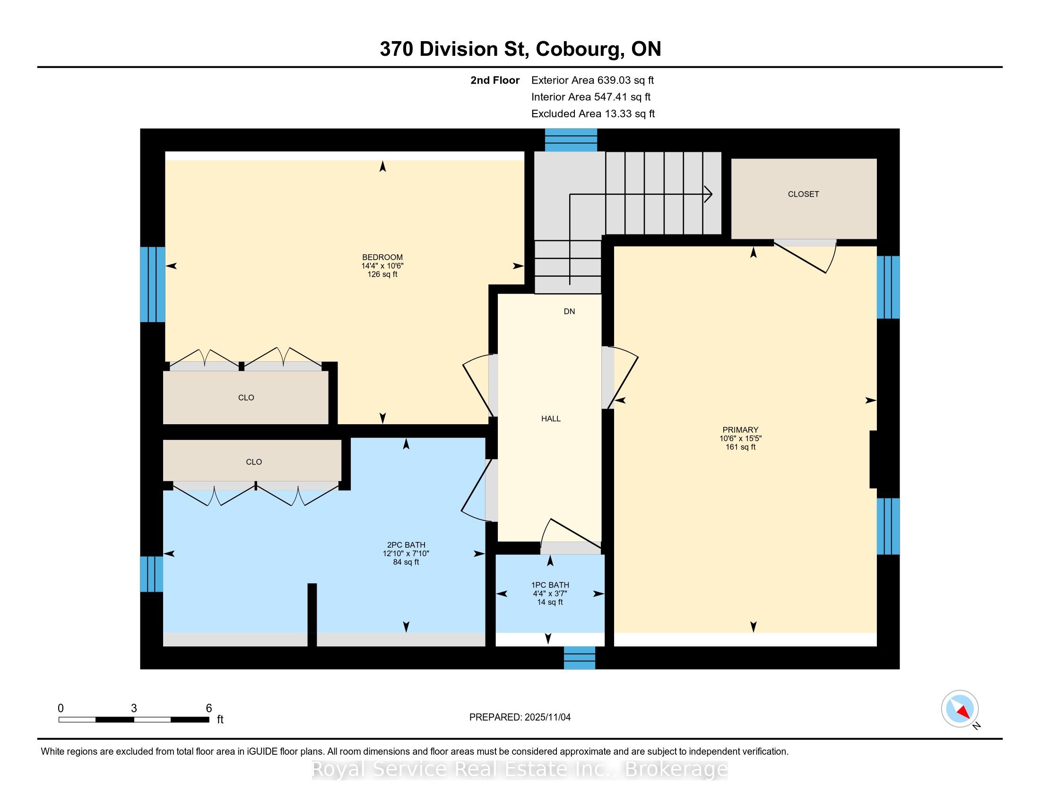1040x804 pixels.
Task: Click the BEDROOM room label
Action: click(382, 257)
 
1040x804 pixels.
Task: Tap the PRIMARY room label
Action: click(740, 429)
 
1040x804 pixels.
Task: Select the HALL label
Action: click(551, 419)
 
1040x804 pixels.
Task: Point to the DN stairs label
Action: click(570, 312)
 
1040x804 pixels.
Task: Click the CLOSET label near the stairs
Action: click(803, 194)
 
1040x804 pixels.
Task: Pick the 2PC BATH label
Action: click(406, 545)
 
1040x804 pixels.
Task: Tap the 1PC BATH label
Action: click(550, 585)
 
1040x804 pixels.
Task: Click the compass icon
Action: click(960, 709)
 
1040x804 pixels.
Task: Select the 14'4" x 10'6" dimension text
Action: click(382, 266)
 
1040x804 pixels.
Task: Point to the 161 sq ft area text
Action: click(740, 447)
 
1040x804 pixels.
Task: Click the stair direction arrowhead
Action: click(709, 194)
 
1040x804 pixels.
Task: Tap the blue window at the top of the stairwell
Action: click(571, 140)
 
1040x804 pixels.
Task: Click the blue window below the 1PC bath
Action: click(580, 658)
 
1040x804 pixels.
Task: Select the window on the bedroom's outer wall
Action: click(152, 284)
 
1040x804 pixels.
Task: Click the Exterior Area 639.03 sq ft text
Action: click(592, 80)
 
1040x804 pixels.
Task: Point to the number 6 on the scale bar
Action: click(208, 708)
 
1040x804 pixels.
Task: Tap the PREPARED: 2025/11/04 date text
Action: click(520, 717)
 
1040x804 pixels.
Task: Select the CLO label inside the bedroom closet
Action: click(246, 398)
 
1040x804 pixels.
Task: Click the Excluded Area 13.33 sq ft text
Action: click(593, 114)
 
